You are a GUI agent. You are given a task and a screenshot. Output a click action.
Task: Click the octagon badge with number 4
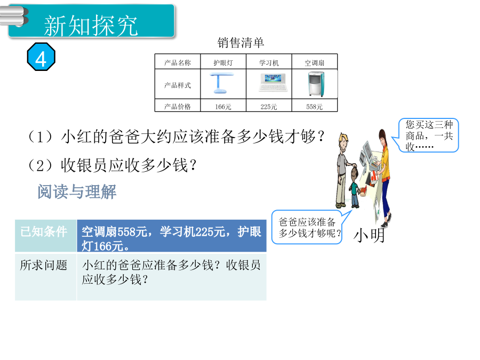[x=41, y=57]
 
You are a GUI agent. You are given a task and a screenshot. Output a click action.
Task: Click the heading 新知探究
[x=91, y=26]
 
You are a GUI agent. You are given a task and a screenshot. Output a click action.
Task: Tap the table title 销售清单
[x=241, y=43]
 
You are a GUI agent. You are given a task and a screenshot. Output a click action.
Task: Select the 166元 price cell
[x=223, y=107]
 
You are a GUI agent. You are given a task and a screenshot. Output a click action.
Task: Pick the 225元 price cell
[x=269, y=107]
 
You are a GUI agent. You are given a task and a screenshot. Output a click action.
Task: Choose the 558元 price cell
[x=314, y=107]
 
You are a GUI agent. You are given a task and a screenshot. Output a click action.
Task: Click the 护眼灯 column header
[x=223, y=63]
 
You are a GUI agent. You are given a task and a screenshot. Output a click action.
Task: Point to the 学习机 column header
[x=269, y=63]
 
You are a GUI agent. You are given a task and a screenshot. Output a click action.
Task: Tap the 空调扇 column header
[x=314, y=63]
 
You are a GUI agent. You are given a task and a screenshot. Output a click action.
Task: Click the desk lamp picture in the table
[x=222, y=83]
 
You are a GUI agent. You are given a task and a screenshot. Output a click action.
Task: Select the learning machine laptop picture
[x=273, y=83]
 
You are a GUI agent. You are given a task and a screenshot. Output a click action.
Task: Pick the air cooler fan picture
[x=316, y=84]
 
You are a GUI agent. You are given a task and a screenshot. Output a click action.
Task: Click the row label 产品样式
[x=178, y=85]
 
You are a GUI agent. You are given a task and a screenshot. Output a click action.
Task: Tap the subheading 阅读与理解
[x=77, y=191]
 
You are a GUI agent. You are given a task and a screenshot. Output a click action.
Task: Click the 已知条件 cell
[x=46, y=235]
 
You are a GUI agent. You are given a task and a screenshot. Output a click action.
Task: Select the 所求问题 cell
[x=46, y=276]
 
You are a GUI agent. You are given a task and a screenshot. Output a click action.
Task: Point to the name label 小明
[x=369, y=236]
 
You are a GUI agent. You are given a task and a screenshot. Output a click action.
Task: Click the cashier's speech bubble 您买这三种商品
[x=429, y=135]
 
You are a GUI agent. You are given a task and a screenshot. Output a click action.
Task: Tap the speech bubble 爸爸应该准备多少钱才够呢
[x=310, y=227]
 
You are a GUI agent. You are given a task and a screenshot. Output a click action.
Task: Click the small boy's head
[x=354, y=173]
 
